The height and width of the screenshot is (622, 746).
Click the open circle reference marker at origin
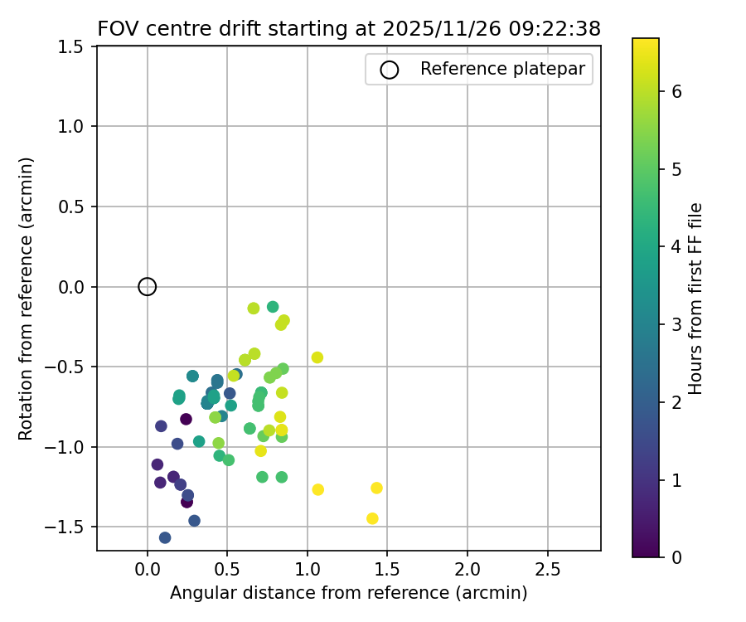coord(148,287)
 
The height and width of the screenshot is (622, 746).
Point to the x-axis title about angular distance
coord(348,593)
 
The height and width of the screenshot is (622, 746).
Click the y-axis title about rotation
coord(27,298)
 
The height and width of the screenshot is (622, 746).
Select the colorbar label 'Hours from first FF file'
coord(696,299)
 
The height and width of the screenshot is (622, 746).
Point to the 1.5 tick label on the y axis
coord(74,47)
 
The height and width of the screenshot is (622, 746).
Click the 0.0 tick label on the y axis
coord(74,287)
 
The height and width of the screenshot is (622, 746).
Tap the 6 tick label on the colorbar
coord(676,91)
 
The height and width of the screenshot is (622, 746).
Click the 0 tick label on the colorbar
coord(676,556)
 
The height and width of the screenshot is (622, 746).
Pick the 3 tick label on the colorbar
coord(676,324)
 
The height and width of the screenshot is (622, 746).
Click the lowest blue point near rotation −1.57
coord(165,537)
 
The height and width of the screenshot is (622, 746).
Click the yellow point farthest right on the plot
coord(376,488)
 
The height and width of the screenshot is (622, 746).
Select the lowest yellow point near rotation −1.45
coord(372,518)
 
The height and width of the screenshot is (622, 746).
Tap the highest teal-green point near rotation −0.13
coord(273,307)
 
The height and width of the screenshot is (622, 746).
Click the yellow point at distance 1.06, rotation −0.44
coord(317,357)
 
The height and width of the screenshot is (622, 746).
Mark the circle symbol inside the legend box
coord(390,70)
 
